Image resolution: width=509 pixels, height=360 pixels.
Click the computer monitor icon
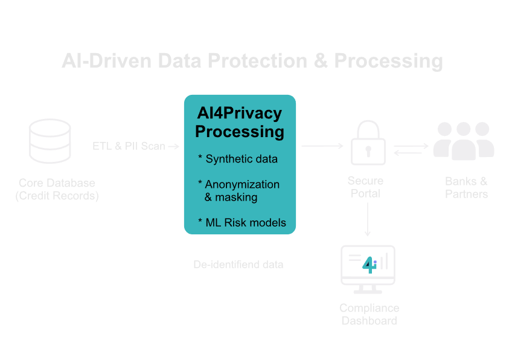pos(368,266)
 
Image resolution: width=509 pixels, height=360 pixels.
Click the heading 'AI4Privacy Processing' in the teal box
pos(240,122)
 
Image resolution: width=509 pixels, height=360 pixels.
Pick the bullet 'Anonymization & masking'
pos(240,191)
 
